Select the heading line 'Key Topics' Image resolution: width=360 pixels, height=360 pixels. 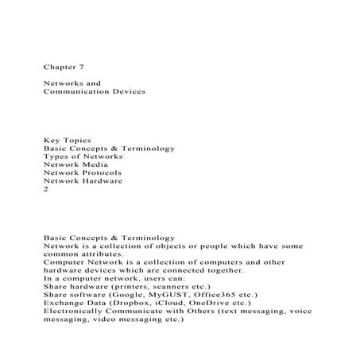pos(67,140)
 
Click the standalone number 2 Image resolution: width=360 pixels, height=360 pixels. pos(46,191)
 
